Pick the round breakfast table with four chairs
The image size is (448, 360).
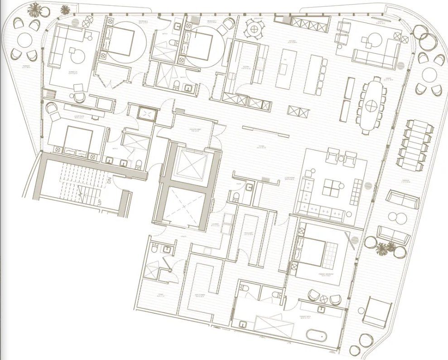click(x=254, y=29)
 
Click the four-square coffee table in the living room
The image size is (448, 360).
click(x=334, y=188)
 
